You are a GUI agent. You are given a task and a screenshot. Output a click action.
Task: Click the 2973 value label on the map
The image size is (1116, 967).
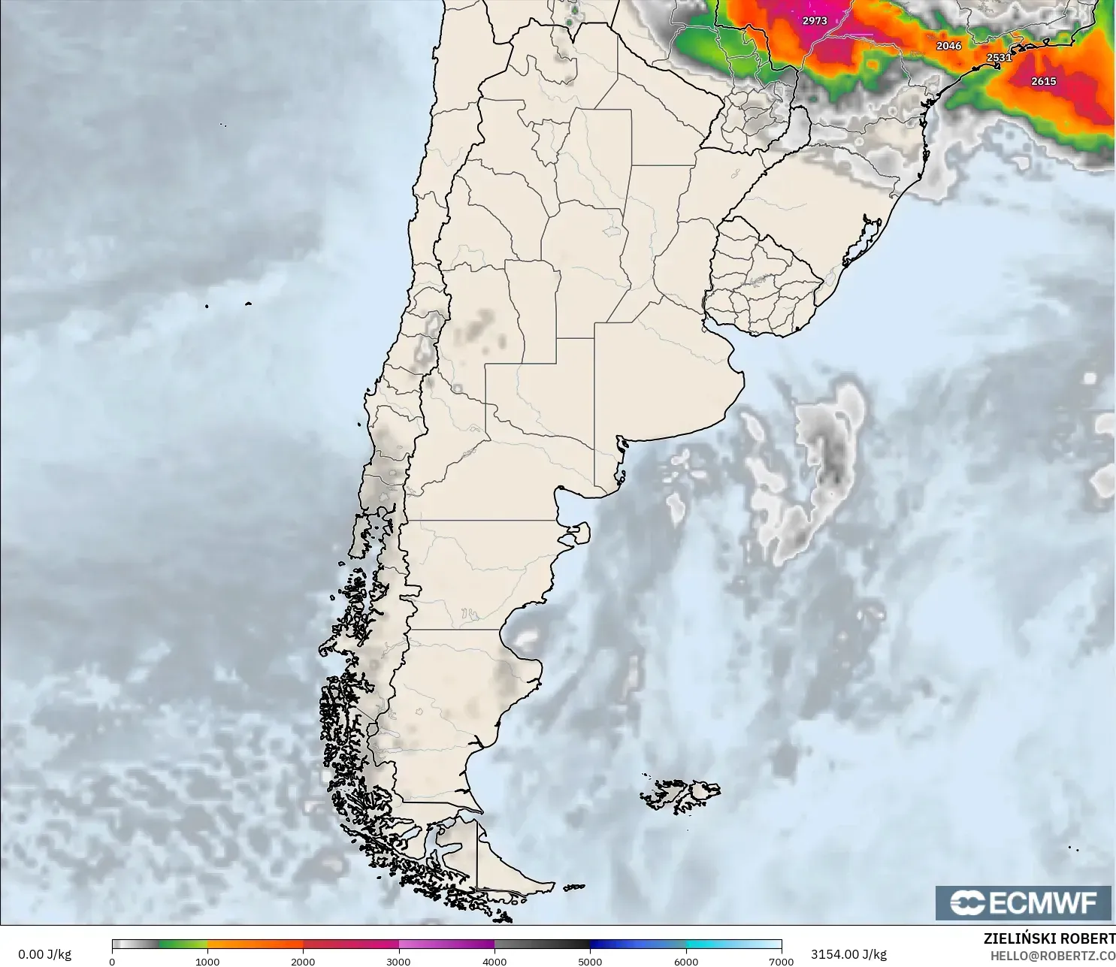pyautogui.click(x=814, y=21)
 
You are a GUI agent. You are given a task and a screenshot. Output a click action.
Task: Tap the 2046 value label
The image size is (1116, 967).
pyautogui.click(x=948, y=46)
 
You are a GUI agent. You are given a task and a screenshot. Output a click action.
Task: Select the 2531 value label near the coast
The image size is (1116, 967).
pyautogui.click(x=999, y=58)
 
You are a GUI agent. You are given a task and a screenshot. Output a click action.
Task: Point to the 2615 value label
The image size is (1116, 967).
pyautogui.click(x=1043, y=81)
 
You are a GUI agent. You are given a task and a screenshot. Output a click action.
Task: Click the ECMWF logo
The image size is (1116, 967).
pyautogui.click(x=1023, y=902)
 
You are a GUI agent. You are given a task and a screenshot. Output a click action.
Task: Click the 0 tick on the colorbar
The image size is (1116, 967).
pyautogui.click(x=112, y=961)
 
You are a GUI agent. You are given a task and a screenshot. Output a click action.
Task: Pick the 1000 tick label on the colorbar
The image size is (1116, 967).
pyautogui.click(x=207, y=961)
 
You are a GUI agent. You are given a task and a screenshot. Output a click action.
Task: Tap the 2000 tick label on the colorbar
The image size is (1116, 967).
pyautogui.click(x=303, y=961)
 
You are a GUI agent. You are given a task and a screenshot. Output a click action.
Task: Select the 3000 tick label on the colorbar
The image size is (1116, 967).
pyautogui.click(x=398, y=961)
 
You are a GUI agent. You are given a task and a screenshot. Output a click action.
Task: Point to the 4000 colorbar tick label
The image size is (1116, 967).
pyautogui.click(x=494, y=961)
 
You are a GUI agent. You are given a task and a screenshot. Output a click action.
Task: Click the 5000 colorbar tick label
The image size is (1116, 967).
pyautogui.click(x=590, y=961)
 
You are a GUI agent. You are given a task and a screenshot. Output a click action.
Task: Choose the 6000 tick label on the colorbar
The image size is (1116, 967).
pyautogui.click(x=685, y=961)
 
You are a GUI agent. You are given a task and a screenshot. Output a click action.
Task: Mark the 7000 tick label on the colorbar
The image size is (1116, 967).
pyautogui.click(x=782, y=961)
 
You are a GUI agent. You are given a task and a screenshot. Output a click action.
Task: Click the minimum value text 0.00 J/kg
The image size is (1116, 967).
pyautogui.click(x=44, y=954)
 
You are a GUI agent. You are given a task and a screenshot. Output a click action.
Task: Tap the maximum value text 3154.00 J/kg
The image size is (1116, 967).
pyautogui.click(x=848, y=954)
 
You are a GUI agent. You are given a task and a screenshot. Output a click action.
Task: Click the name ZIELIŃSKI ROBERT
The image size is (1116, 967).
pyautogui.click(x=1049, y=938)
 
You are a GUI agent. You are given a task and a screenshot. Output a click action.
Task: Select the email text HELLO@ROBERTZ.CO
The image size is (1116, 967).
pyautogui.click(x=1052, y=956)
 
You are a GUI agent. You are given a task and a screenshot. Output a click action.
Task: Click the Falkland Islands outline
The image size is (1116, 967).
pyautogui.click(x=680, y=795)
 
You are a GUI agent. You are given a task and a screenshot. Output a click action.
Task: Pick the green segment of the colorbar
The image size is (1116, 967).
pyautogui.click(x=183, y=944)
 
